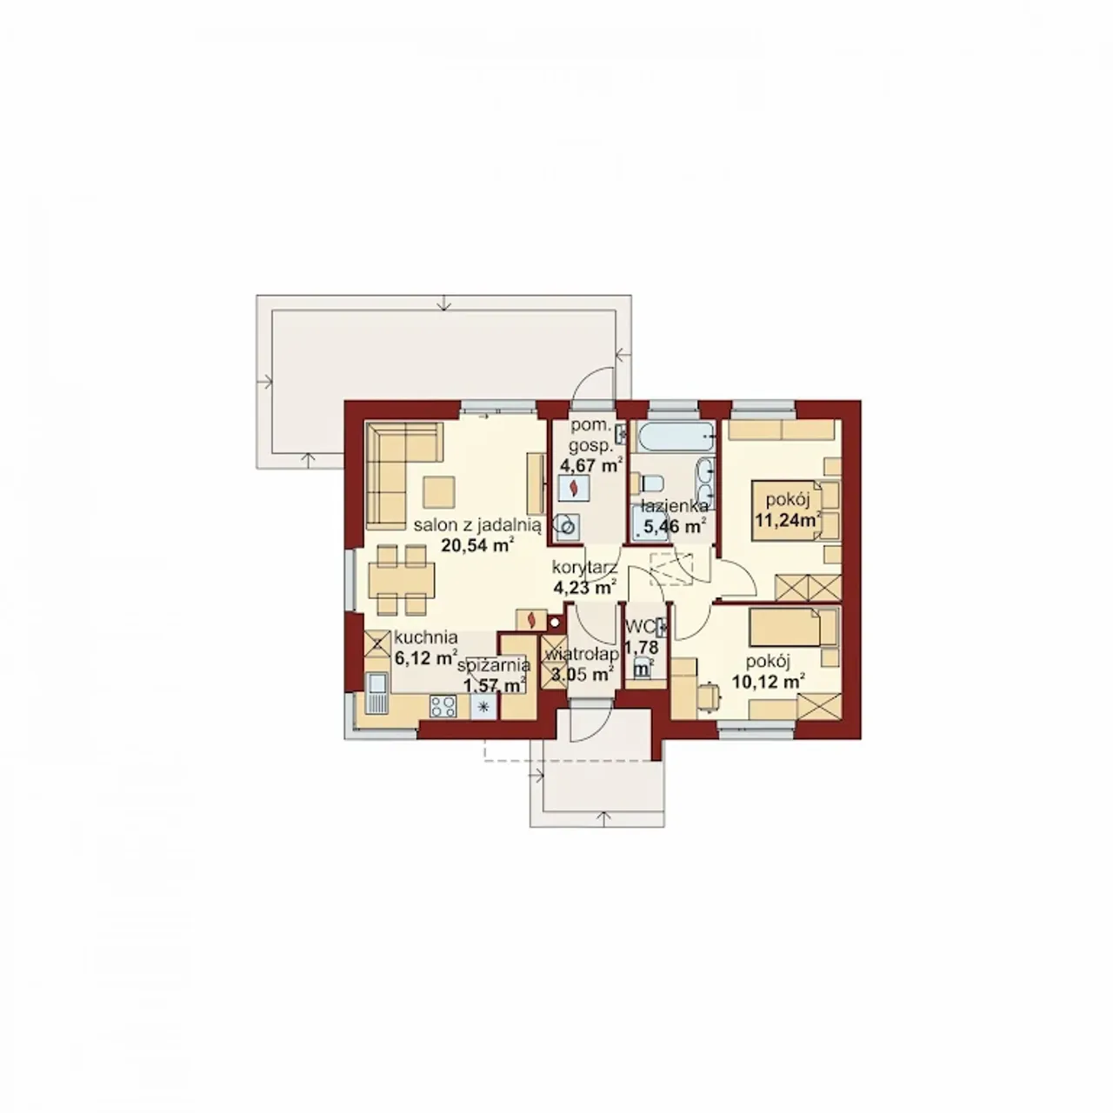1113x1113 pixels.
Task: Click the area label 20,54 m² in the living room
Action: [477, 544]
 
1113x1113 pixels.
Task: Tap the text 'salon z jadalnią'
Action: [477, 525]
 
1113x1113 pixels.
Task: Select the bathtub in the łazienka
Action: [673, 437]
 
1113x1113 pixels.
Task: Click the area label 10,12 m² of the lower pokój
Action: [769, 682]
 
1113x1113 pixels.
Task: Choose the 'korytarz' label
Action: [584, 567]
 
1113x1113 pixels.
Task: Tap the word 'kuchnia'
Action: [426, 637]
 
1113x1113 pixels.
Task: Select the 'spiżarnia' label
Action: [494, 666]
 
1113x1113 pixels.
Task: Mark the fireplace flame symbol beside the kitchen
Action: [531, 619]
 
